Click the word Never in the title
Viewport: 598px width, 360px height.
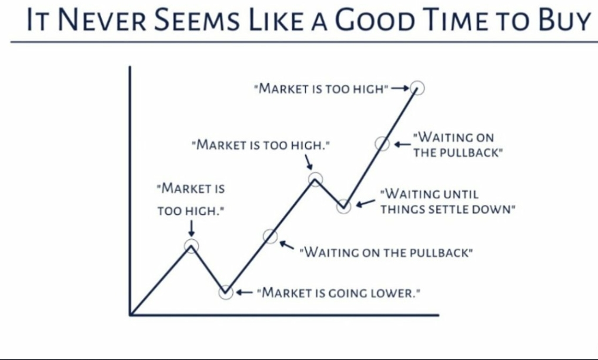tap(102, 20)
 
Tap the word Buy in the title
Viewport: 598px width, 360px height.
tap(564, 20)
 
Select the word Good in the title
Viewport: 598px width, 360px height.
tap(374, 20)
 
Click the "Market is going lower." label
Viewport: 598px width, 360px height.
tap(339, 293)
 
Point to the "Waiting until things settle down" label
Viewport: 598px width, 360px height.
tap(447, 202)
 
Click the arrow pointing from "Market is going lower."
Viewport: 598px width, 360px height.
tap(245, 292)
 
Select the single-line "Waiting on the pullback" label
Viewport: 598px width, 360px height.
tap(386, 252)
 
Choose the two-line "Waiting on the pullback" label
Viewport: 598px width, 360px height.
tap(457, 145)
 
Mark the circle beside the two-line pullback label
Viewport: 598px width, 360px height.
tap(382, 137)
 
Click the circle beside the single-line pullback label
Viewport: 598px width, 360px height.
tap(270, 229)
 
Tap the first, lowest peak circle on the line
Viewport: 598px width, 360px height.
tap(192, 239)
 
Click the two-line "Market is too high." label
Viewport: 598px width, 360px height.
tap(191, 199)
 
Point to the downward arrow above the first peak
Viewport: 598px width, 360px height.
tap(192, 228)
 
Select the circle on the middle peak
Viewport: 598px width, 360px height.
tap(315, 172)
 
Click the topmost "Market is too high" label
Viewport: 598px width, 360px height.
tap(321, 89)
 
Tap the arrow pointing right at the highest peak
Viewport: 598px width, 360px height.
tap(400, 88)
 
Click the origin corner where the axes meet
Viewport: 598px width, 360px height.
tap(131, 315)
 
